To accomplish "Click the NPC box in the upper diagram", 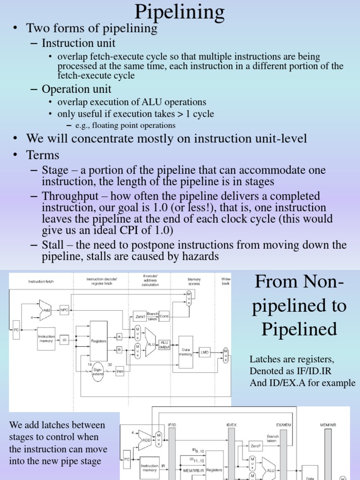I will tap(64, 309).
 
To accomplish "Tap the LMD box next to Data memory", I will tap(204, 352).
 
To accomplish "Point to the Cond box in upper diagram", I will tap(164, 316).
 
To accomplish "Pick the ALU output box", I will tap(165, 345).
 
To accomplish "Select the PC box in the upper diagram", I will tap(16, 330).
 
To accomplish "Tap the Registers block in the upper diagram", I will tap(98, 341).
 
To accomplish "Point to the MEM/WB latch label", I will tap(328, 425).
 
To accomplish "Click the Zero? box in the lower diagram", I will tap(256, 447).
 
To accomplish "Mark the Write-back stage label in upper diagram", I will tap(226, 281).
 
